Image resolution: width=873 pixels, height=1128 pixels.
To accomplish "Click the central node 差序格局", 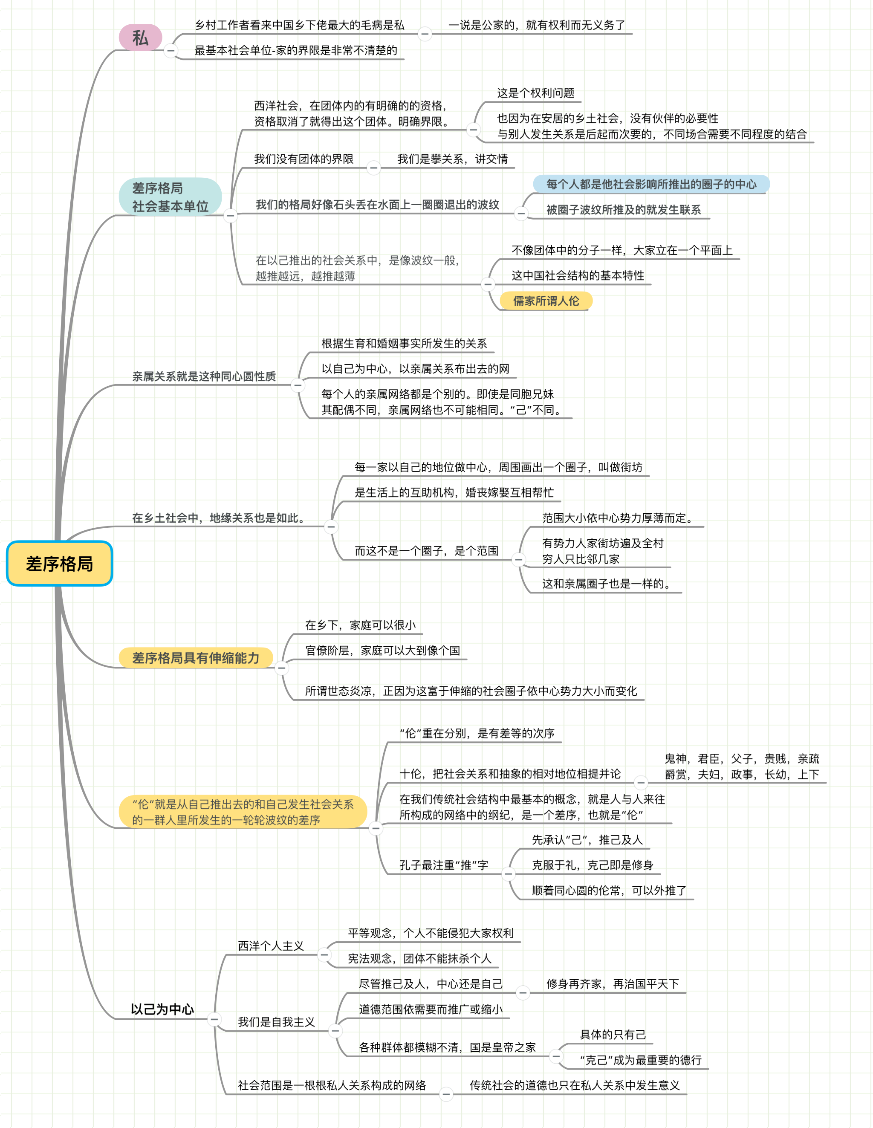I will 59,564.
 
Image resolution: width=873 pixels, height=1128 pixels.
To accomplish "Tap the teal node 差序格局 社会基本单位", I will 170,197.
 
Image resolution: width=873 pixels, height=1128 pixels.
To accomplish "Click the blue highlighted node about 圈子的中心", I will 651,185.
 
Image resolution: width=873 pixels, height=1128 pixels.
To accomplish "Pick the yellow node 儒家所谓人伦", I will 546,301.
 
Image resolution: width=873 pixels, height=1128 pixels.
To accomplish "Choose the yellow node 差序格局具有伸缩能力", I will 195,657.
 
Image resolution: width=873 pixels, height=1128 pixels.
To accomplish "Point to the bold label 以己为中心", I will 162,1009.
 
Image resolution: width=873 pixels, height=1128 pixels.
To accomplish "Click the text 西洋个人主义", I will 271,946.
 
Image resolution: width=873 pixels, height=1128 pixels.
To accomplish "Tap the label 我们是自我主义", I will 276,1021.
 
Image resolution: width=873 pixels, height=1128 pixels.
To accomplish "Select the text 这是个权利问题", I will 536,93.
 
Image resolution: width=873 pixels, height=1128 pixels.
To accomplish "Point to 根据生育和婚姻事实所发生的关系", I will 404,344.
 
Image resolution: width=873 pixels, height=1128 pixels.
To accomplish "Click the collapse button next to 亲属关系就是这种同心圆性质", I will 298,385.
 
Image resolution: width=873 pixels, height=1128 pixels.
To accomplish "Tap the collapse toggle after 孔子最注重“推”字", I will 508,874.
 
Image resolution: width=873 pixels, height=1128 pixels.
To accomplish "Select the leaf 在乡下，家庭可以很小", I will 361,625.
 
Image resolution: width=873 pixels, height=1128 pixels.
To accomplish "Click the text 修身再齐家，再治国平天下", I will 613,984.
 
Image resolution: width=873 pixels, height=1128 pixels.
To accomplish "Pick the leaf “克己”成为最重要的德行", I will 641,1060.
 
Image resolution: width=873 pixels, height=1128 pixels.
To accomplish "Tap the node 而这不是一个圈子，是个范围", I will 426,551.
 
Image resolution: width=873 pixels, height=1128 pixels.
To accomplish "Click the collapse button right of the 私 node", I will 171,50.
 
